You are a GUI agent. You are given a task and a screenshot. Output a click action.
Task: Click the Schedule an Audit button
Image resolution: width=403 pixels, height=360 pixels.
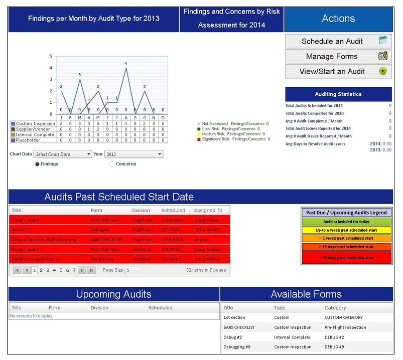point(338,42)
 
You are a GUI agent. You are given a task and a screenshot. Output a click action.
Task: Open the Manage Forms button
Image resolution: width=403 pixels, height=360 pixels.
point(338,57)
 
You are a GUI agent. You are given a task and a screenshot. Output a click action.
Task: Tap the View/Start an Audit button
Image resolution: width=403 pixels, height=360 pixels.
point(338,71)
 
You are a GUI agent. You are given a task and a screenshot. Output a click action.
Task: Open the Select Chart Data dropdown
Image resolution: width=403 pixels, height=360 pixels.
point(63,154)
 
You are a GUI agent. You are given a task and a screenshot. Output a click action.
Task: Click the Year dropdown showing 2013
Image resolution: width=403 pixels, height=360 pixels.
point(133,154)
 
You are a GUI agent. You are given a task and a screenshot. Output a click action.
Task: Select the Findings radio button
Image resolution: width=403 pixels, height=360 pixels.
point(38,164)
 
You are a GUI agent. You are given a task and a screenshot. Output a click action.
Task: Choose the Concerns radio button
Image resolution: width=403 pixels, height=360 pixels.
point(112,164)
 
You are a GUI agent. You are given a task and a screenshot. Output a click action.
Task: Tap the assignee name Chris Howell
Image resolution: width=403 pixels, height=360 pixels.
point(207,230)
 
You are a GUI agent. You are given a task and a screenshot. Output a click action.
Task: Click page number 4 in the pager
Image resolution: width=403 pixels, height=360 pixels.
point(54,270)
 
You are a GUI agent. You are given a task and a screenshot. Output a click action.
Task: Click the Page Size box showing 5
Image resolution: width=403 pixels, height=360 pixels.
point(132,270)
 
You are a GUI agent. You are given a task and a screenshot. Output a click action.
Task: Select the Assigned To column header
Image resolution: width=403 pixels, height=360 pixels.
point(208,211)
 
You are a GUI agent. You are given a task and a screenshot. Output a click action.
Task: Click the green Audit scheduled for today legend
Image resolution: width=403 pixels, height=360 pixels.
point(346,222)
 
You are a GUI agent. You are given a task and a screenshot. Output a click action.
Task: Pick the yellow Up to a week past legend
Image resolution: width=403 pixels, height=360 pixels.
point(346,230)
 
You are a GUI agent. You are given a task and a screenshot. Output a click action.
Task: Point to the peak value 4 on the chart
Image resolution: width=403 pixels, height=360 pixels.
point(125,64)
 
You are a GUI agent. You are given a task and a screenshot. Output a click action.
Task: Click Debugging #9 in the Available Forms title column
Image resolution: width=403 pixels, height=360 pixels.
point(234,347)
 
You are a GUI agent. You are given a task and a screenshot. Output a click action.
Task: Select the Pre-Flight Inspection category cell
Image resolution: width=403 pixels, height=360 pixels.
point(345,327)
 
